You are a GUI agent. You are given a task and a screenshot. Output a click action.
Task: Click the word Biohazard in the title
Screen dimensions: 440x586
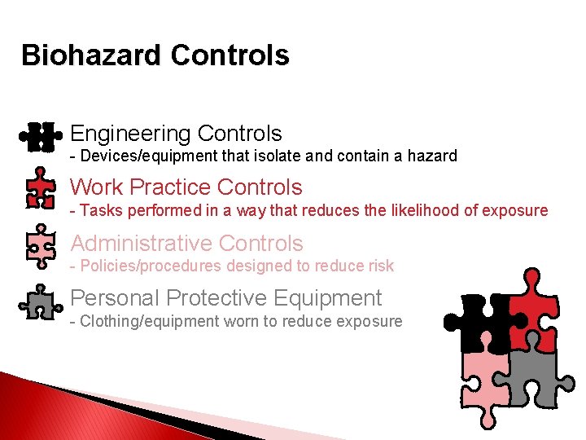point(91,55)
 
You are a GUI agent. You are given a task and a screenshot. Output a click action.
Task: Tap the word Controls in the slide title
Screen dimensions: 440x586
point(230,55)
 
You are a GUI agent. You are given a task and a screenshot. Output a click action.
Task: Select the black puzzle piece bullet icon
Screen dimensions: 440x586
point(40,136)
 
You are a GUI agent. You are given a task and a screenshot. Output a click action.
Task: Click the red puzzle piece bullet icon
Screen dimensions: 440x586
point(40,191)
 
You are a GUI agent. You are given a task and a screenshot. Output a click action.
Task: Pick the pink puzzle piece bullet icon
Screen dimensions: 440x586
point(40,246)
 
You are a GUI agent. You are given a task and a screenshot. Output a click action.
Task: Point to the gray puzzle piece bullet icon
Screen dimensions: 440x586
point(40,302)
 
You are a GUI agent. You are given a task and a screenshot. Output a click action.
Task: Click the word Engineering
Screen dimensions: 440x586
point(129,134)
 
